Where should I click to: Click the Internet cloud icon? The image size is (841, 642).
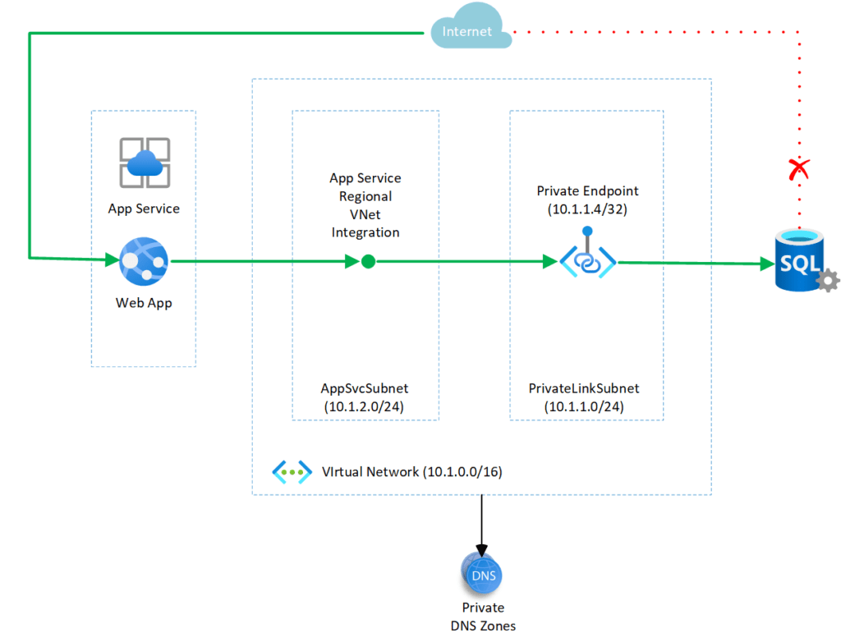(467, 31)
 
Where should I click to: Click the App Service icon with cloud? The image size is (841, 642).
(144, 163)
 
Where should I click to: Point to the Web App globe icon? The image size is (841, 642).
(144, 262)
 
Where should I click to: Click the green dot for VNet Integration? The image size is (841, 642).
(368, 262)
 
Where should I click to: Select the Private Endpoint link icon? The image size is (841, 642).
(587, 260)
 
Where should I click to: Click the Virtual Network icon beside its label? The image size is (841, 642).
(292, 472)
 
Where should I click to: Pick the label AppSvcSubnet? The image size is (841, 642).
(365, 388)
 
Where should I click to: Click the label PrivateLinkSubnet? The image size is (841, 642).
(584, 388)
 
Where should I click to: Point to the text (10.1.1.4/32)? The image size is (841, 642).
(587, 209)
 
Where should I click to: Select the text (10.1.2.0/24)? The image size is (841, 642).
(365, 406)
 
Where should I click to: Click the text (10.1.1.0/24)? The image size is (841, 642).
(584, 406)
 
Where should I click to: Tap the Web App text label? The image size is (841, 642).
(144, 303)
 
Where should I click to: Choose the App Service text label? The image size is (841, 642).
(144, 209)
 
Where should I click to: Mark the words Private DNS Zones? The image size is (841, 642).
(482, 617)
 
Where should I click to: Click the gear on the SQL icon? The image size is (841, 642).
(828, 281)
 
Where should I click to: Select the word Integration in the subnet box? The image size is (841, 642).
(365, 232)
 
